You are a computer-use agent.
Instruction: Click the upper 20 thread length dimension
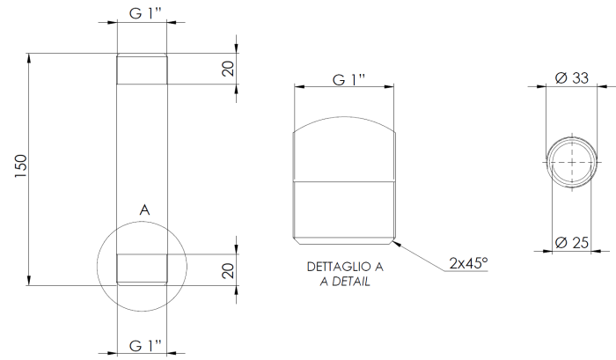[229, 69]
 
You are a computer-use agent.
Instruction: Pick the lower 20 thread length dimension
[229, 269]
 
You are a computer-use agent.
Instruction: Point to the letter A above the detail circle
[145, 211]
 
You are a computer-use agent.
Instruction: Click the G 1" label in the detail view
[348, 79]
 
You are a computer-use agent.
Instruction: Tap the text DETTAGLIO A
[345, 267]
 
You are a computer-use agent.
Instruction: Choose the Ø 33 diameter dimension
[572, 78]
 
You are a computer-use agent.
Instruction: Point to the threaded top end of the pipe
[142, 70]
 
